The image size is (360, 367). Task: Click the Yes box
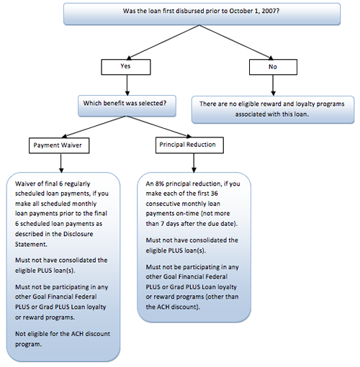tap(126, 67)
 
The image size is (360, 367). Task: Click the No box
tap(273, 67)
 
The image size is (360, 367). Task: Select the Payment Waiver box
tap(59, 145)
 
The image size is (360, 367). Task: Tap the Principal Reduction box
tap(189, 145)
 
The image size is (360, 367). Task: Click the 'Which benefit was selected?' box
tap(127, 106)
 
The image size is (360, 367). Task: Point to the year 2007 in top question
tap(271, 11)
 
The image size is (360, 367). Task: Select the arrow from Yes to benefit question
tap(127, 85)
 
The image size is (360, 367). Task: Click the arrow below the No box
tap(273, 86)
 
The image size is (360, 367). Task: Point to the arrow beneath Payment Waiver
tap(61, 163)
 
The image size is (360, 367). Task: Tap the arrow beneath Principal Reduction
tap(194, 163)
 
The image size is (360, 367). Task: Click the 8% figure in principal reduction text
tap(159, 183)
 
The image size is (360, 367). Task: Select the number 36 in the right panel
tap(214, 194)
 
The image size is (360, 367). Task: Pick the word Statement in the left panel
tap(31, 245)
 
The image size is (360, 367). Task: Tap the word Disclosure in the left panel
tap(78, 234)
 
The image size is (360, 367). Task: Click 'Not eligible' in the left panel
tap(31, 334)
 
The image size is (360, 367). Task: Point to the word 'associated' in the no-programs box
tap(251, 114)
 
